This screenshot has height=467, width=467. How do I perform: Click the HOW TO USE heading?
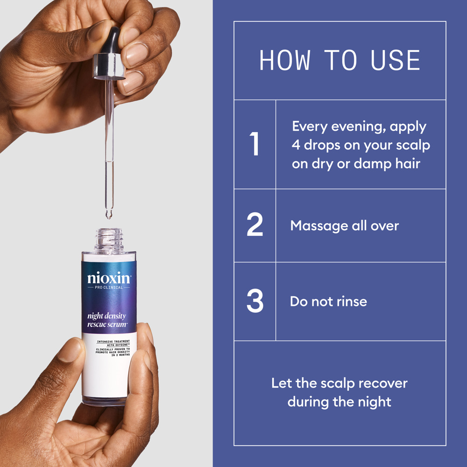point(340,60)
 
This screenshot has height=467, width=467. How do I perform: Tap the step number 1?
point(255,144)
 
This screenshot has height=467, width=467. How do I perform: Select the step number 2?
point(255,226)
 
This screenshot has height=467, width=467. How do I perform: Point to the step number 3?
point(255,301)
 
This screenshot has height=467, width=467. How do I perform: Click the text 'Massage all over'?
point(345,226)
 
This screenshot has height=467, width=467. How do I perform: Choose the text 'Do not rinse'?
point(328,301)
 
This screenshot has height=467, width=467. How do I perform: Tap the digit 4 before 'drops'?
point(296,145)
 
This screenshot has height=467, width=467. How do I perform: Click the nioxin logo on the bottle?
point(109,278)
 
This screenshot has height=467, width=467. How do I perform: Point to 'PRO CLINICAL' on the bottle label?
point(109,288)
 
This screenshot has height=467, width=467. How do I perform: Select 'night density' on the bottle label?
point(106,316)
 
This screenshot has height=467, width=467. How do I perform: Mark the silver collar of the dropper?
point(109,65)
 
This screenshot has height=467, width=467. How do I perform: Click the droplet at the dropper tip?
point(109,215)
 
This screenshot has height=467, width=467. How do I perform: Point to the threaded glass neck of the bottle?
point(109,239)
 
